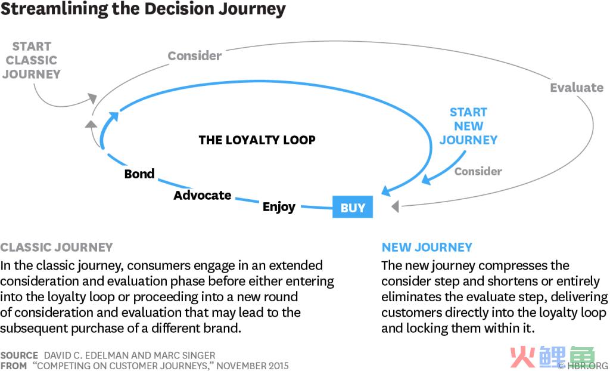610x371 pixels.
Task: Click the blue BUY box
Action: [x=353, y=207]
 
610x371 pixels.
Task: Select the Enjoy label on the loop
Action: [x=279, y=207]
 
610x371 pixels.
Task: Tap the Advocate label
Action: [x=203, y=195]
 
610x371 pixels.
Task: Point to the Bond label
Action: [x=139, y=174]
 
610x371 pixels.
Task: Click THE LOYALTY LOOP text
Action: [x=257, y=140]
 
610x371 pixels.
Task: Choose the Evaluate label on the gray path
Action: [x=577, y=88]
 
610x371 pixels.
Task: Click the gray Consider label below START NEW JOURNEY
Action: [x=478, y=171]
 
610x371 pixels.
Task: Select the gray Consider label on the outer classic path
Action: [x=195, y=55]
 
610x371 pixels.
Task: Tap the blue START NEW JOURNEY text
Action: [x=468, y=126]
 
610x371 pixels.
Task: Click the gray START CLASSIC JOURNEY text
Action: [x=32, y=60]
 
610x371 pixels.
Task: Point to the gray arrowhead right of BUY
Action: [x=396, y=206]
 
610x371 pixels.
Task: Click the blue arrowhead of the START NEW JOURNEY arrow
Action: [x=427, y=180]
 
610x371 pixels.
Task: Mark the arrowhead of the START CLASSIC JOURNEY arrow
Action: [x=92, y=98]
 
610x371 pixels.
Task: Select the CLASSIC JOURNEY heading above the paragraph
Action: [x=57, y=247]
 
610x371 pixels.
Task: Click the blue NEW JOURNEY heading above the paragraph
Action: [x=427, y=247]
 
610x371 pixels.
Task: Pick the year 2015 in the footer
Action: [x=278, y=366]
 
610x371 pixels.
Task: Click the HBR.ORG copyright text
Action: [x=583, y=366]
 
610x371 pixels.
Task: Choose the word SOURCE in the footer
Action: [x=19, y=355]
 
